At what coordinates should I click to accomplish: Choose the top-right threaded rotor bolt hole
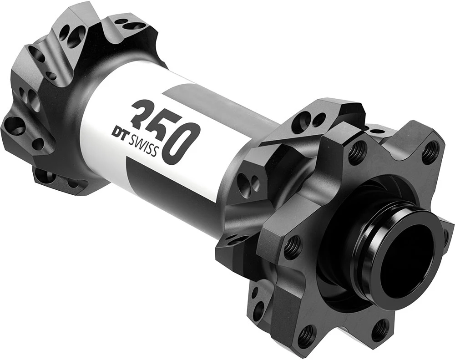pos(430,153)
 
